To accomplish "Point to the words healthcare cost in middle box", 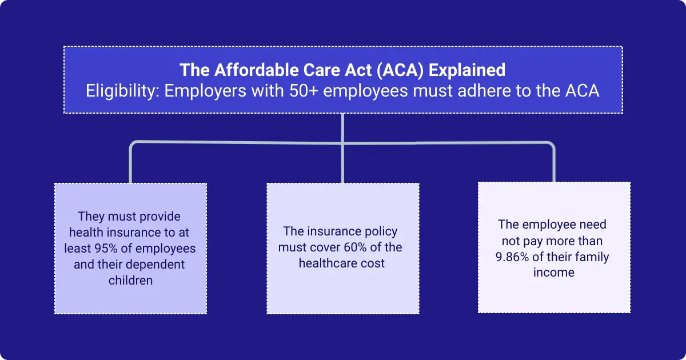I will click(x=341, y=263).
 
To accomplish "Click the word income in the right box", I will click(x=553, y=273).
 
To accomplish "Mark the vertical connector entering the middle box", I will click(x=342, y=166).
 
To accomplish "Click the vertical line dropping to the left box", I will click(x=131, y=166).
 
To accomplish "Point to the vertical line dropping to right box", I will click(x=554, y=166).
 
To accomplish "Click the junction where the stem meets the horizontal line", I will click(x=342, y=143).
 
